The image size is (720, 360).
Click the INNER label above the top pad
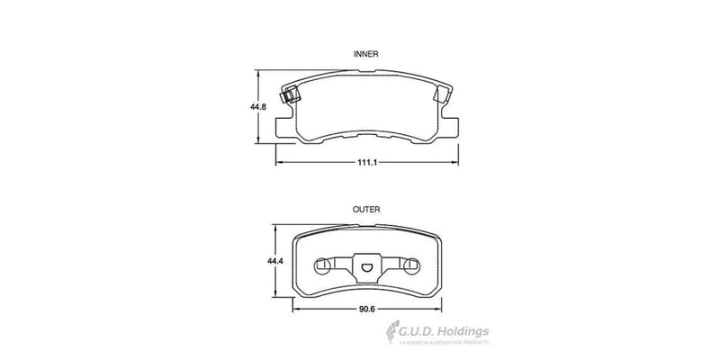pyautogui.click(x=364, y=54)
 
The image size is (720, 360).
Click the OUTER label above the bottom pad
pyautogui.click(x=364, y=209)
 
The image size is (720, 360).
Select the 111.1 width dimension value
pyautogui.click(x=365, y=162)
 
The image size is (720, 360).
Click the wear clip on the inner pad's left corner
pyautogui.click(x=289, y=93)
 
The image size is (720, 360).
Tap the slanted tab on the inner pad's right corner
pyautogui.click(x=444, y=89)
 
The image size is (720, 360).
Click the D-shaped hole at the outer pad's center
pyautogui.click(x=365, y=266)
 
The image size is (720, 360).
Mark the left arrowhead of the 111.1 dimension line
pyautogui.click(x=277, y=162)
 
